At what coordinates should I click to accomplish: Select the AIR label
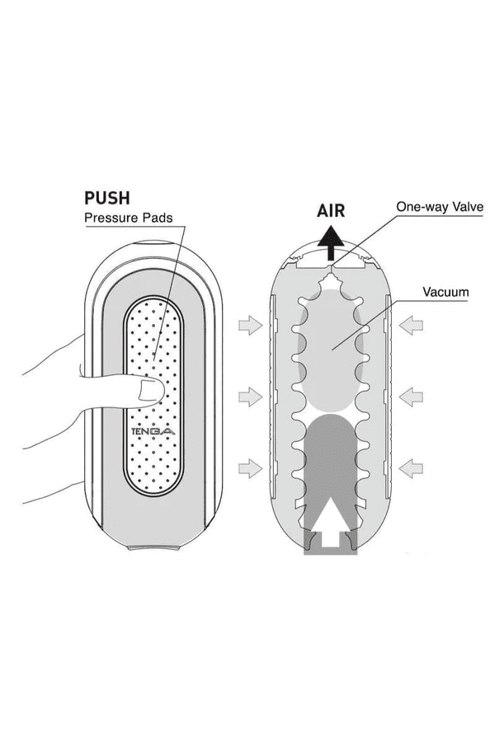(331, 209)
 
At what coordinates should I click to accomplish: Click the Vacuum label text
(445, 292)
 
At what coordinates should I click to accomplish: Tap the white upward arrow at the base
(333, 524)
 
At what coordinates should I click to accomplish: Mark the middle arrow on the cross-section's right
(411, 398)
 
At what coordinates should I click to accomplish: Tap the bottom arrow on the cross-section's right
(411, 469)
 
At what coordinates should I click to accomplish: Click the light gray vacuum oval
(330, 346)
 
